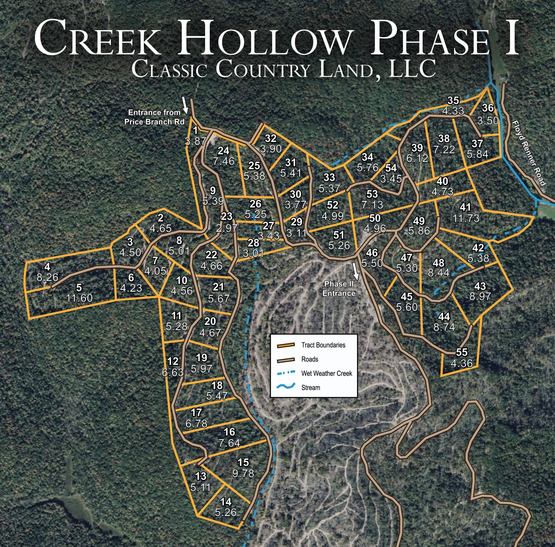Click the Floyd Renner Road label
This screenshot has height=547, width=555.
click(x=529, y=153)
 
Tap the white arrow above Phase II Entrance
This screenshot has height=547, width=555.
click(x=356, y=271)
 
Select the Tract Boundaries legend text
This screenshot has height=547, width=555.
click(x=323, y=345)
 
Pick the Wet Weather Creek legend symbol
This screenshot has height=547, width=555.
click(x=286, y=373)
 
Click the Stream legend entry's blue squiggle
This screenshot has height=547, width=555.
click(x=286, y=387)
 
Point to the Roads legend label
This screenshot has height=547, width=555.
click(x=310, y=359)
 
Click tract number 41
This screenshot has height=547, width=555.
click(x=465, y=207)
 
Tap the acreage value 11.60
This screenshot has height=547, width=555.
click(x=79, y=298)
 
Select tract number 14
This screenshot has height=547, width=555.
click(x=225, y=502)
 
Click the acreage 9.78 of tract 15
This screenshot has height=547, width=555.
click(x=243, y=473)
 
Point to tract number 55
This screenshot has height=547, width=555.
click(x=462, y=352)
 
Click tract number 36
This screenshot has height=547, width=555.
click(x=488, y=108)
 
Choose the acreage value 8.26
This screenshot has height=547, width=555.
click(x=47, y=278)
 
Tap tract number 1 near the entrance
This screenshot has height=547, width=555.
click(x=195, y=131)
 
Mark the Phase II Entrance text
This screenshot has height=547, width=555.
click(x=339, y=289)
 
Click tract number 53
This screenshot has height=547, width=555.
click(x=372, y=194)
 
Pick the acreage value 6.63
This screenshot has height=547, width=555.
click(x=173, y=373)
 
